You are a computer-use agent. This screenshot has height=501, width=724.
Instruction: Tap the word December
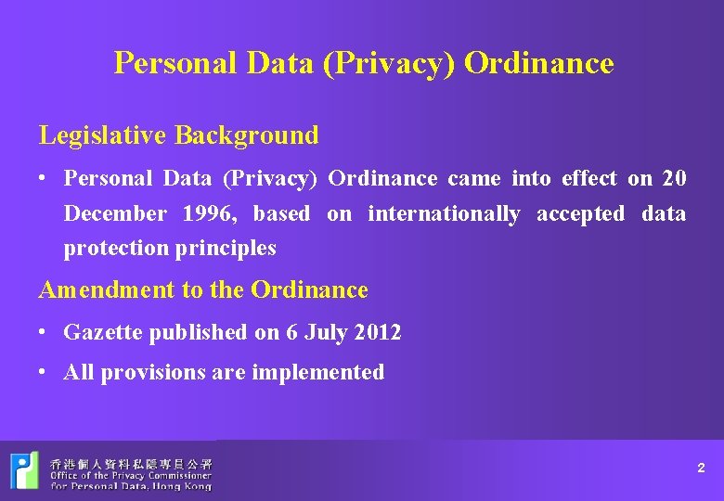pyautogui.click(x=115, y=213)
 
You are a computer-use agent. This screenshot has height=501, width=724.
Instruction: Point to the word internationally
pyautogui.click(x=444, y=213)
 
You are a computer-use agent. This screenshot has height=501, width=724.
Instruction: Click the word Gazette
pyautogui.click(x=103, y=332)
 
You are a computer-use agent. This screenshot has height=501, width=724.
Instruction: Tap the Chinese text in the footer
pyautogui.click(x=131, y=462)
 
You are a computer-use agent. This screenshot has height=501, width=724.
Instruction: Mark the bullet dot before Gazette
pyautogui.click(x=45, y=329)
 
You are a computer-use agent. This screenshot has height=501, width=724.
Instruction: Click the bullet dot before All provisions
pyautogui.click(x=45, y=370)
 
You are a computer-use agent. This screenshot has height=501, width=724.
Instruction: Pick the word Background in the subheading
pyautogui.click(x=247, y=135)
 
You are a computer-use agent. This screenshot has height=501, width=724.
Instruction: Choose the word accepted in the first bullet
pyautogui.click(x=581, y=213)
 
